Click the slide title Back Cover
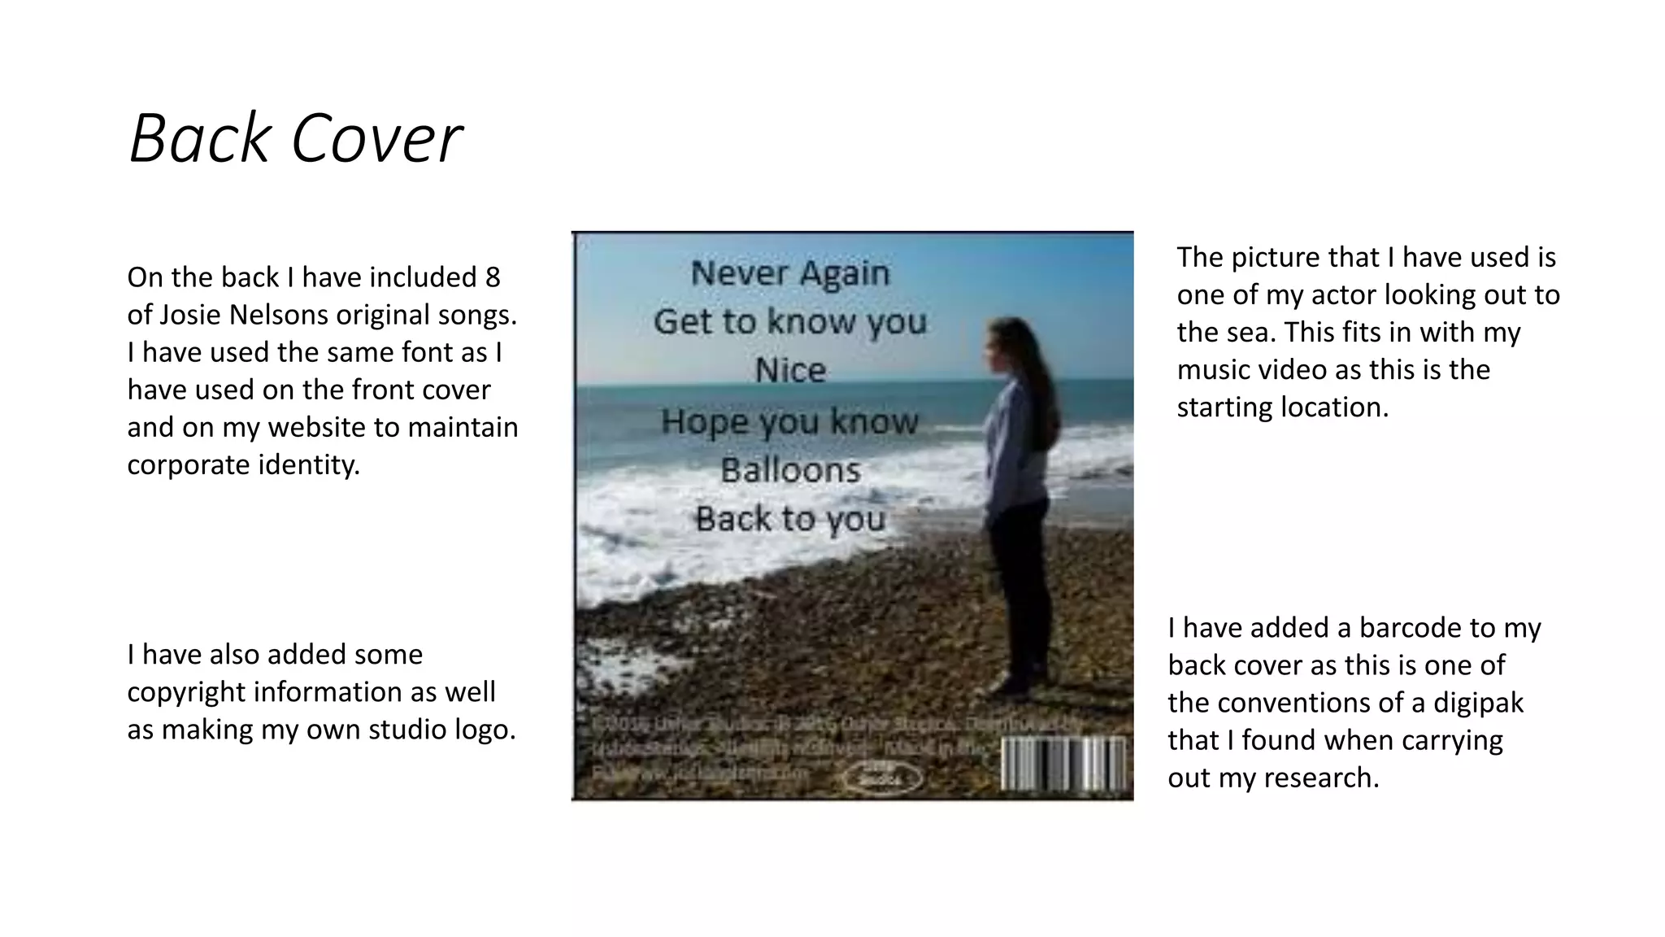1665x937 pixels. coord(295,138)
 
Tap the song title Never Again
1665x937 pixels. coord(790,273)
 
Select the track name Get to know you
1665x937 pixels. coord(790,322)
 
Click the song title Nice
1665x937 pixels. coord(790,371)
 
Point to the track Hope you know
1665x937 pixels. coord(790,421)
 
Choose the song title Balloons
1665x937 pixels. coord(790,470)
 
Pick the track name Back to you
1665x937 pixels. coord(790,519)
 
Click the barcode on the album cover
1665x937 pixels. coord(1063,763)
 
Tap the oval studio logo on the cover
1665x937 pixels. coord(882,774)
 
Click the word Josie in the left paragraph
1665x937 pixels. coord(186,315)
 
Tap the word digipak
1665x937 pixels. coord(1478,703)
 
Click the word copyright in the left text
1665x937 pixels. coord(186,692)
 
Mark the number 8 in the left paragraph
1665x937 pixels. coord(492,277)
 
